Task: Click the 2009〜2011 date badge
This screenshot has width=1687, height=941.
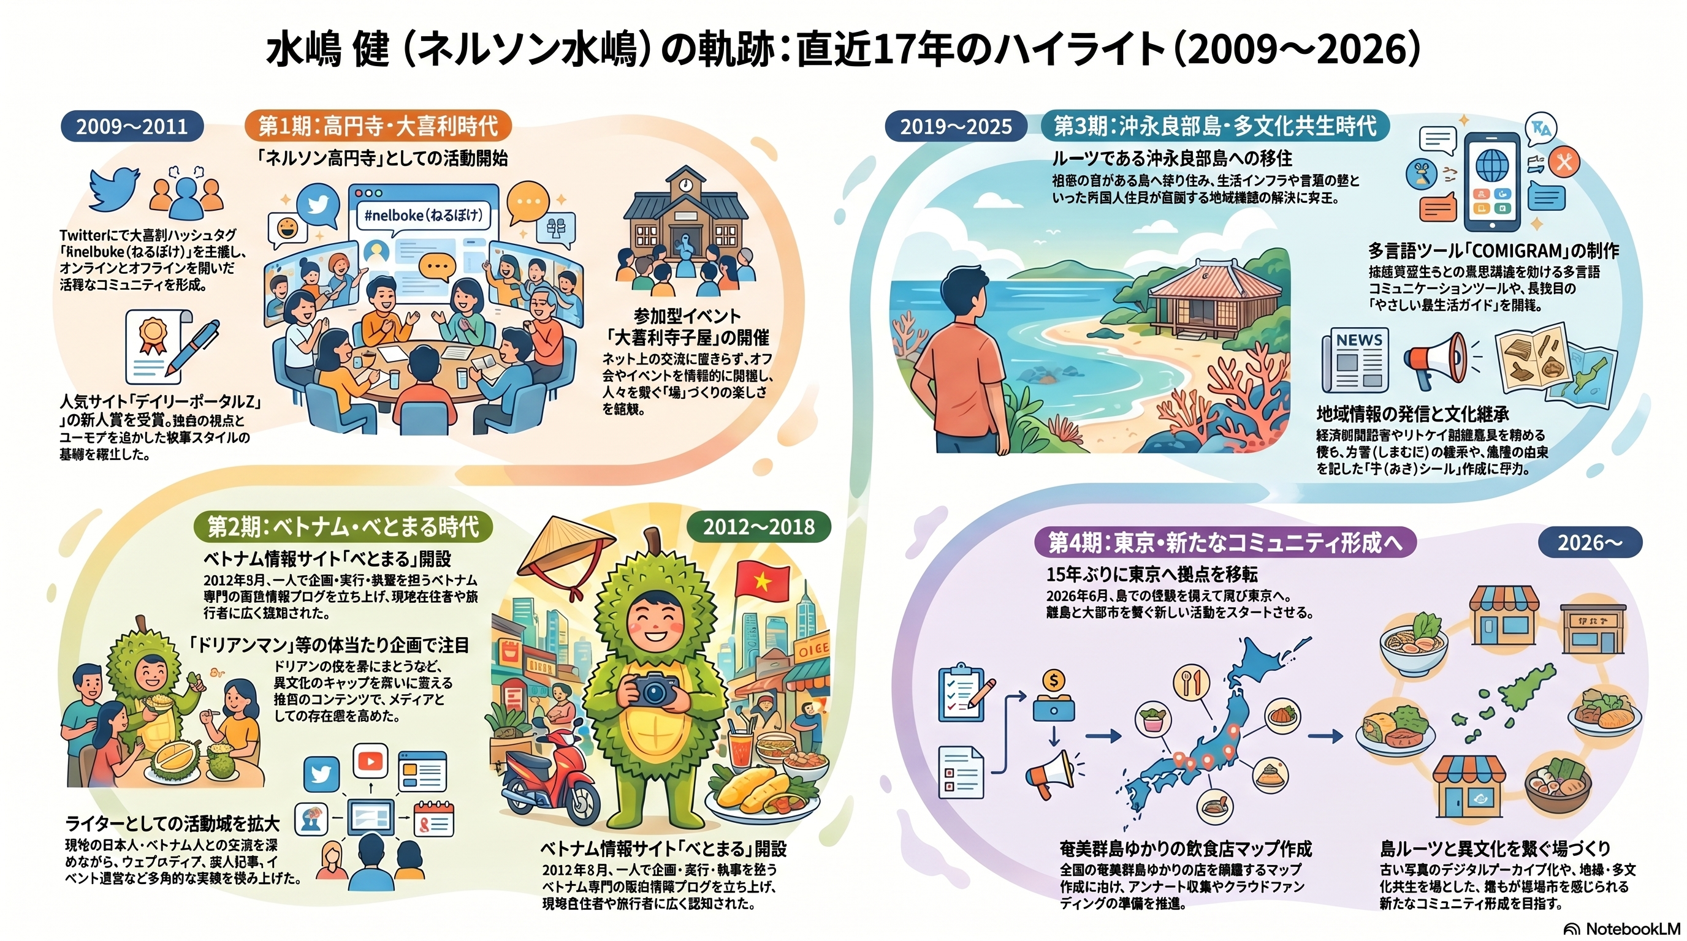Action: point(132,126)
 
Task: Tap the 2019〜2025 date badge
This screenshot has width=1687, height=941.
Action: point(956,126)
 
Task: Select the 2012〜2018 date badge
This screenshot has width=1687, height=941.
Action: point(758,527)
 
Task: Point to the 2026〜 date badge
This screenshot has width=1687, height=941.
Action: point(1590,542)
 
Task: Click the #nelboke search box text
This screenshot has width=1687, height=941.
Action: point(422,215)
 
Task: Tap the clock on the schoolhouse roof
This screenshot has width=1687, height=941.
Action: point(685,184)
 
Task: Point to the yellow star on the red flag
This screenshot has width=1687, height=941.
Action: point(761,580)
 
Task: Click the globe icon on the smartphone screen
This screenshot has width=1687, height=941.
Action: point(1493,165)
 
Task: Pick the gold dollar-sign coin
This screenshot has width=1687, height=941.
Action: point(1054,681)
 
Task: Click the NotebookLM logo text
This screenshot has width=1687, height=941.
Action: point(1631,929)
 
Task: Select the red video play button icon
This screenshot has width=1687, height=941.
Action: point(370,761)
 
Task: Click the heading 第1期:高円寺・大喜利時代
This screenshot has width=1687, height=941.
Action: point(378,126)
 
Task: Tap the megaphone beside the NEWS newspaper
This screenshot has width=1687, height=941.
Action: point(1437,358)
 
